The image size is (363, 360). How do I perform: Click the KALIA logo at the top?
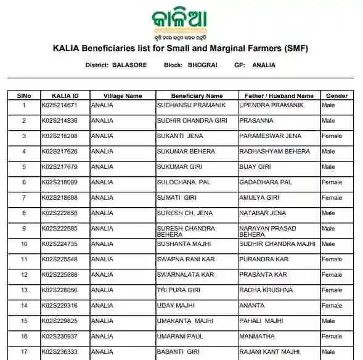tap(180, 23)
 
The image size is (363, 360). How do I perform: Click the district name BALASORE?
tap(129, 65)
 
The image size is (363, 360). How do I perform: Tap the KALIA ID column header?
tap(65, 96)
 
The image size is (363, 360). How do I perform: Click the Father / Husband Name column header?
tap(279, 96)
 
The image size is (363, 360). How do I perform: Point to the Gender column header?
tap(336, 96)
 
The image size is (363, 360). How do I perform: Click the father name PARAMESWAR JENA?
tap(270, 136)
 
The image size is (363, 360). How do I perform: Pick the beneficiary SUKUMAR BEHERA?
tap(184, 152)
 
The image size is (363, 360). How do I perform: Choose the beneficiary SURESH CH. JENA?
tap(185, 213)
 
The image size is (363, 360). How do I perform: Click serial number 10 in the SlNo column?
tap(24, 244)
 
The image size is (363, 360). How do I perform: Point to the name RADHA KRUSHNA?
tap(266, 290)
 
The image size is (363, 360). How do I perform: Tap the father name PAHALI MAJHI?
tap(262, 321)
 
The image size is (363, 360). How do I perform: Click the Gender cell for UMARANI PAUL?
tap(332, 337)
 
